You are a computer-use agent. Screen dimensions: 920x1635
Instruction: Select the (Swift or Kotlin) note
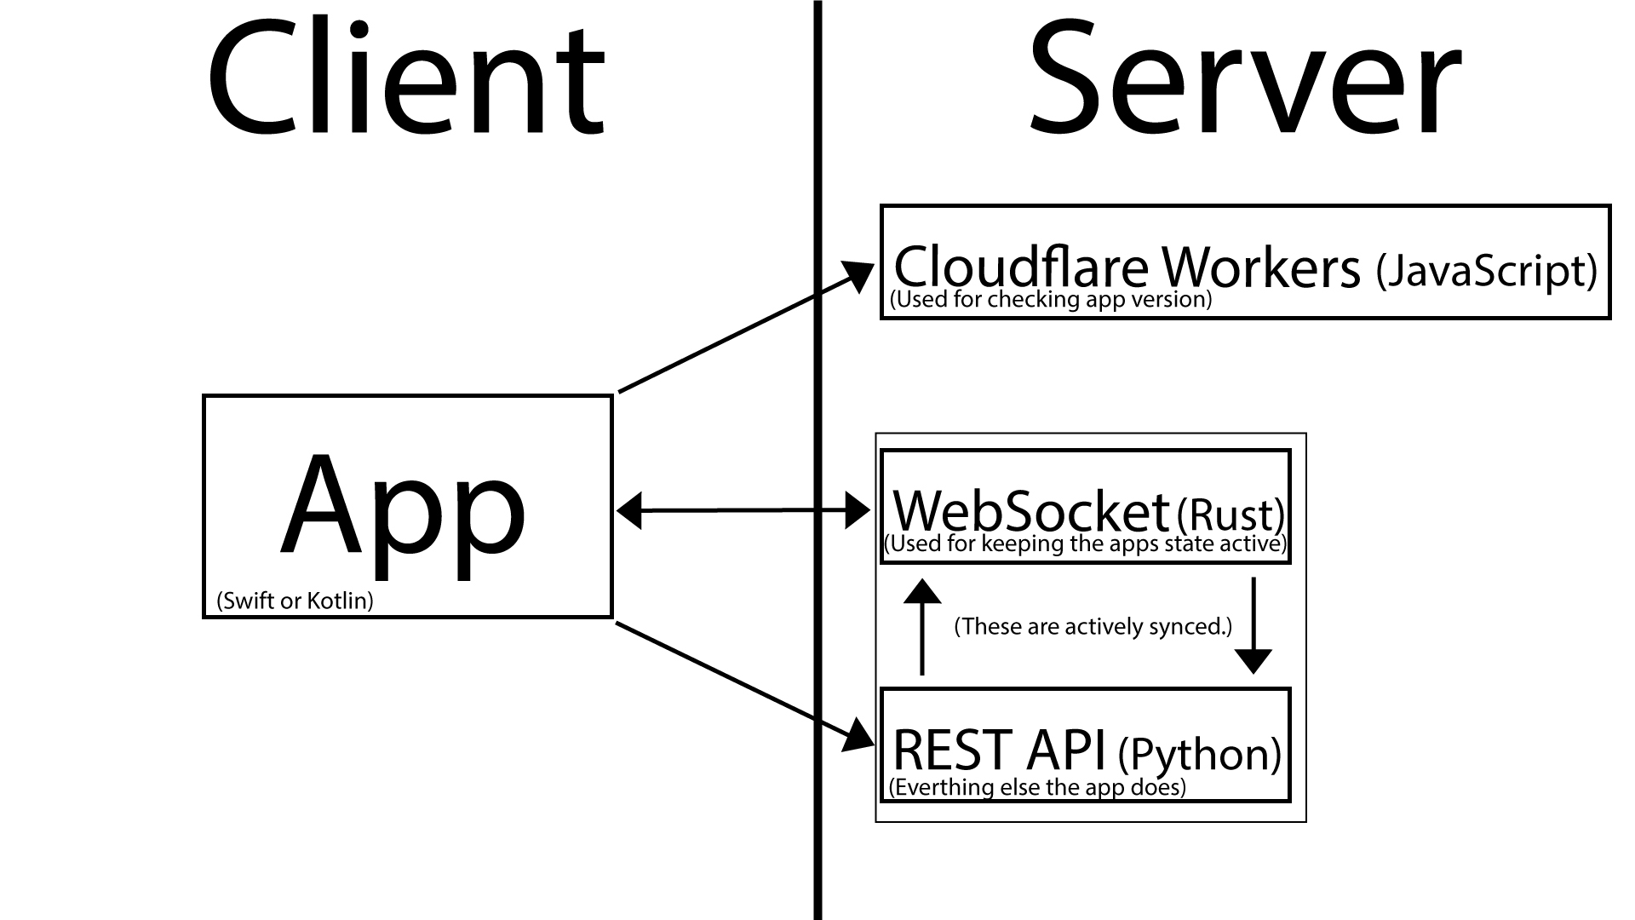pos(295,601)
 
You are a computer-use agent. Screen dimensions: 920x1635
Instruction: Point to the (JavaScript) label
pos(1486,271)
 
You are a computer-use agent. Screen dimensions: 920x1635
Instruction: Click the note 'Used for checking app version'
pos(1050,300)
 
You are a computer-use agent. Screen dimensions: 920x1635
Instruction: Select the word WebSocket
pos(1030,511)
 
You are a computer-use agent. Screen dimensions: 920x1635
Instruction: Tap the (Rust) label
pos(1230,514)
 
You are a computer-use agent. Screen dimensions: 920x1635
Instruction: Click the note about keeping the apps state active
pos(1086,544)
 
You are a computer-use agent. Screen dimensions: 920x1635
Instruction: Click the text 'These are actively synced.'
pos(1093,627)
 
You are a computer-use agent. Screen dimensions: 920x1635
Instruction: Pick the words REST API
pos(998,750)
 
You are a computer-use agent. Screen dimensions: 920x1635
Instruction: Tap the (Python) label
pos(1199,754)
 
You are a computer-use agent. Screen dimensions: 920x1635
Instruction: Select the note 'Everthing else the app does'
pos(1036,787)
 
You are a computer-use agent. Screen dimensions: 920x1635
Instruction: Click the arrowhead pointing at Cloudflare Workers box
pos(858,277)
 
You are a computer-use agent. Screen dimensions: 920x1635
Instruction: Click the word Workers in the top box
pos(1261,267)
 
